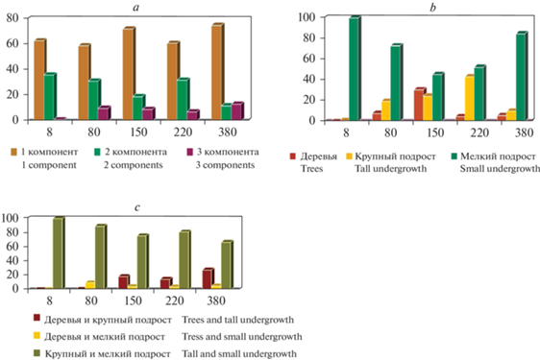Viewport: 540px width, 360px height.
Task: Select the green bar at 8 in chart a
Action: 50,96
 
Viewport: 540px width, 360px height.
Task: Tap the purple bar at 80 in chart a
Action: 105,113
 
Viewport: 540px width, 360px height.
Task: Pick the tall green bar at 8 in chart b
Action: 355,68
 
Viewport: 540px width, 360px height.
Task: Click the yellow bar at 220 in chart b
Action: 470,98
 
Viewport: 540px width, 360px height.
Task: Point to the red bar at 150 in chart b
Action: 420,105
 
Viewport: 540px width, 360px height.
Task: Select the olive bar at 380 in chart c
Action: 228,264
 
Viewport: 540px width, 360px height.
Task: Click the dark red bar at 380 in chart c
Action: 209,278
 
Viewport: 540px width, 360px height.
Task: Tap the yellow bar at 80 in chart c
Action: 90,284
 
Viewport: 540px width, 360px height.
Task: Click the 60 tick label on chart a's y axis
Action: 12,44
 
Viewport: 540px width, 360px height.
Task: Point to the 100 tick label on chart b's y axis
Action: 307,17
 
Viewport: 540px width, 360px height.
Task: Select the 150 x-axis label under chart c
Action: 133,300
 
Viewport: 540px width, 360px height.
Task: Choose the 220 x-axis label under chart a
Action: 183,132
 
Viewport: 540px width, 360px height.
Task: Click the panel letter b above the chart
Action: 432,8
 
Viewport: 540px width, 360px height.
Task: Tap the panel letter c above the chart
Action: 137,208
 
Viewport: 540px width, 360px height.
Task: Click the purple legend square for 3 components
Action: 189,152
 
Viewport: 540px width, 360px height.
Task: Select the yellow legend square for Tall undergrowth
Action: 349,156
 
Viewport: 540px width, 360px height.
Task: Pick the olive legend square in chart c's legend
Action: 37,353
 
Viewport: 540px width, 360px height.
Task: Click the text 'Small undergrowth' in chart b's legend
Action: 500,169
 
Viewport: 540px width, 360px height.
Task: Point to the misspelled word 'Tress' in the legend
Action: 192,336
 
